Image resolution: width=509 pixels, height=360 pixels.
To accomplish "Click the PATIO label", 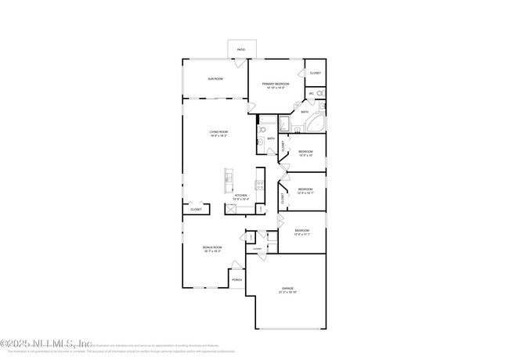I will click(x=241, y=50).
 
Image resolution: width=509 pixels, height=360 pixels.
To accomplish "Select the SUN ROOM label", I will click(x=215, y=79).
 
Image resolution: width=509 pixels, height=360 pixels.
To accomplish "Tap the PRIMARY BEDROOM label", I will click(x=276, y=84).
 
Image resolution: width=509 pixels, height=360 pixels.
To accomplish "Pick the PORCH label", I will click(x=236, y=279).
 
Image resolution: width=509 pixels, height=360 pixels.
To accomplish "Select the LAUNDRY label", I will click(x=257, y=249).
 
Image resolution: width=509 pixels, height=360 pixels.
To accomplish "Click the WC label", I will click(x=311, y=94).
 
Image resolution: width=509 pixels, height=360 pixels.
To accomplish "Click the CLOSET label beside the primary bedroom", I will click(x=315, y=73).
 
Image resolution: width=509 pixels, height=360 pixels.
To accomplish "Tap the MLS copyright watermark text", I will click(x=47, y=343).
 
